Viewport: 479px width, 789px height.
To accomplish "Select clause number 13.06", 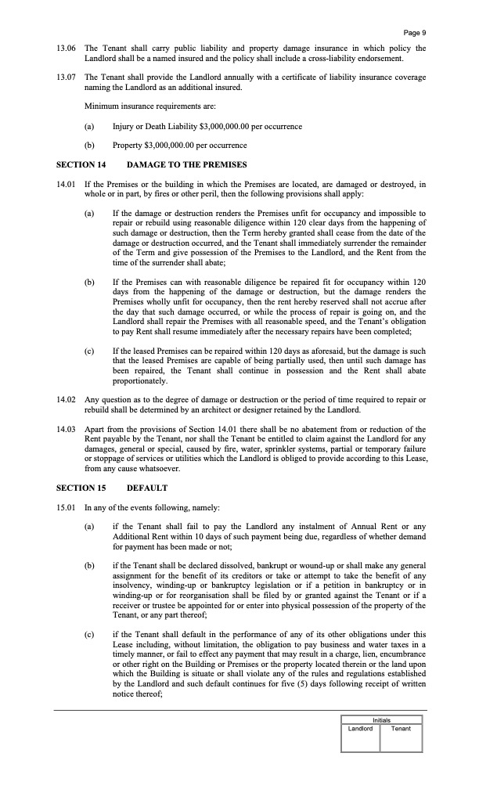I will click(66, 49).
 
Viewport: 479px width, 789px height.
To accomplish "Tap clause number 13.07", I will click(66, 77).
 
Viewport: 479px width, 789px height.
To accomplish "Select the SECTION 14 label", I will click(81, 164).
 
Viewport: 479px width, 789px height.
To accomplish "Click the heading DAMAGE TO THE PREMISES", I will click(186, 164).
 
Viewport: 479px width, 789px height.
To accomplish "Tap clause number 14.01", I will click(66, 184).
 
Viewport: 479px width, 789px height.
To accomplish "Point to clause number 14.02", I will click(66, 400).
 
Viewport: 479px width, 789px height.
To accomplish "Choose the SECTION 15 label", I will click(81, 488).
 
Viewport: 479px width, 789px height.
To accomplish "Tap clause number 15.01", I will click(66, 507).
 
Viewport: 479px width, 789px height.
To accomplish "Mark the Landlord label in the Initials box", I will click(360, 729).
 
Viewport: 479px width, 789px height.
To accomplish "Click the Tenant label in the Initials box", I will click(401, 729).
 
